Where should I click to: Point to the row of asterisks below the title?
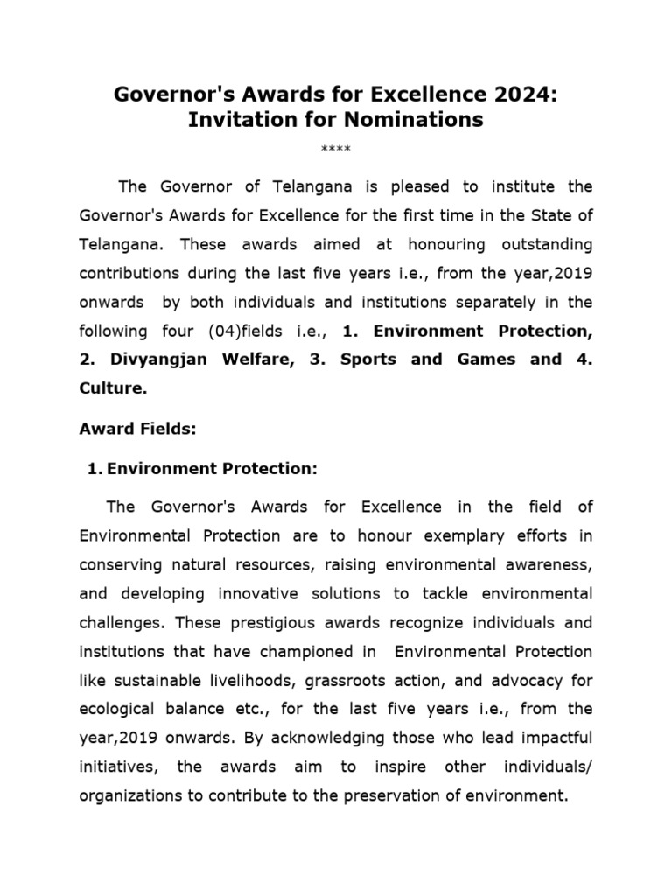coord(335,148)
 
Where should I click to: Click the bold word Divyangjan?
coord(166,360)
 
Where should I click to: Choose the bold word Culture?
coord(112,388)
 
